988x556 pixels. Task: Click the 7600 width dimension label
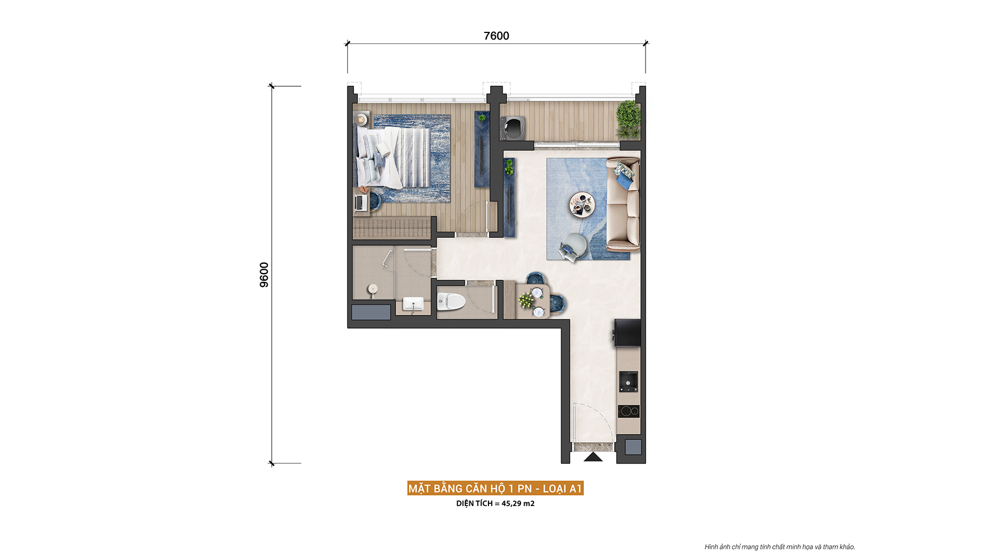[x=496, y=36]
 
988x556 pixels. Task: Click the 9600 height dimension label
[x=264, y=275]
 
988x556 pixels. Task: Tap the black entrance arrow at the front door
[x=593, y=457]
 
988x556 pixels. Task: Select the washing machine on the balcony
[x=513, y=128]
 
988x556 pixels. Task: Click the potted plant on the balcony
[x=628, y=119]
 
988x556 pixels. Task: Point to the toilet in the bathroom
[x=451, y=301]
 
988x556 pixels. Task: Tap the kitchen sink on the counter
[x=628, y=381]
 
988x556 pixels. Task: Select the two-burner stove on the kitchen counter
[x=629, y=411]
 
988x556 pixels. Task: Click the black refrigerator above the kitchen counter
[x=627, y=332]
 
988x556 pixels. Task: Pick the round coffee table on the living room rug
[x=582, y=203]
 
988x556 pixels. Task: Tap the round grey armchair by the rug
[x=574, y=247]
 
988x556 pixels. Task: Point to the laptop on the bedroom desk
[x=361, y=203]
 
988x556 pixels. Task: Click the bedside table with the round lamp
[x=362, y=119]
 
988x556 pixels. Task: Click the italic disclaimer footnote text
[x=779, y=547]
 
